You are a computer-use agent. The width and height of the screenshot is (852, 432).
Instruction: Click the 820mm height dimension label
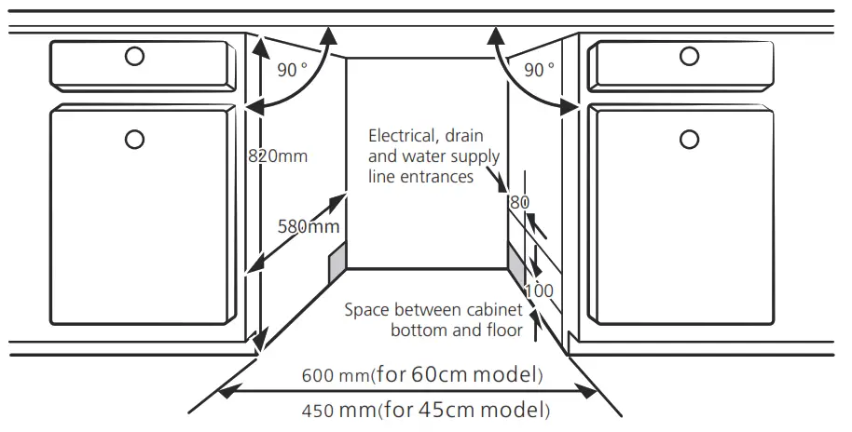pos(277,156)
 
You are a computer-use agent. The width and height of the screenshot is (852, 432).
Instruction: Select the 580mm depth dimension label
pos(308,225)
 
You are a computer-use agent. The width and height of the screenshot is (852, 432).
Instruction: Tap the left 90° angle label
pos(293,69)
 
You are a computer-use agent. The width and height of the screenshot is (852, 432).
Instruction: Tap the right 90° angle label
pos(539,69)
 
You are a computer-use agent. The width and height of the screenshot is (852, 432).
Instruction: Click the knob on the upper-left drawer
pos(135,56)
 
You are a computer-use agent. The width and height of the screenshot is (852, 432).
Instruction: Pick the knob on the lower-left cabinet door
pos(135,140)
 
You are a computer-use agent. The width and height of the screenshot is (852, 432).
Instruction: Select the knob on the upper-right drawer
pos(689,56)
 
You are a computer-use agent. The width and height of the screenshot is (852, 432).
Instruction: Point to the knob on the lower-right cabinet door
pos(689,140)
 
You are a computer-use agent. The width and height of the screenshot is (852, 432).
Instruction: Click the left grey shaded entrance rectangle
pos(337,262)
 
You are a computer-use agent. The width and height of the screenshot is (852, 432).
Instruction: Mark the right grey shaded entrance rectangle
pos(515,262)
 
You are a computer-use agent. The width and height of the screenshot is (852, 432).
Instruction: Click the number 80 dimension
pos(519,201)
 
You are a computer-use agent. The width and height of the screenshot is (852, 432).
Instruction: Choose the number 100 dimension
pos(538,290)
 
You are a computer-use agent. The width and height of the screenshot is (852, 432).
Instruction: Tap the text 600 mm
pos(335,376)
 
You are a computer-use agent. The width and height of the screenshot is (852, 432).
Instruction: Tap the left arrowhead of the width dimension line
pos(224,393)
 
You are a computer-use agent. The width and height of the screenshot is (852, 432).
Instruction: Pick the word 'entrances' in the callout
pos(438,176)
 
